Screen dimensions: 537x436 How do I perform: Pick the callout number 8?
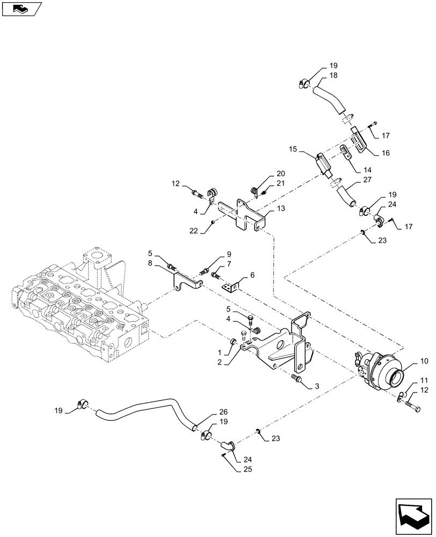[x=151, y=263]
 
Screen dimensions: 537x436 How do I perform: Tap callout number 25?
[x=234, y=468]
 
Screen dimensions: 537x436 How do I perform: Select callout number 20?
[x=281, y=174]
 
